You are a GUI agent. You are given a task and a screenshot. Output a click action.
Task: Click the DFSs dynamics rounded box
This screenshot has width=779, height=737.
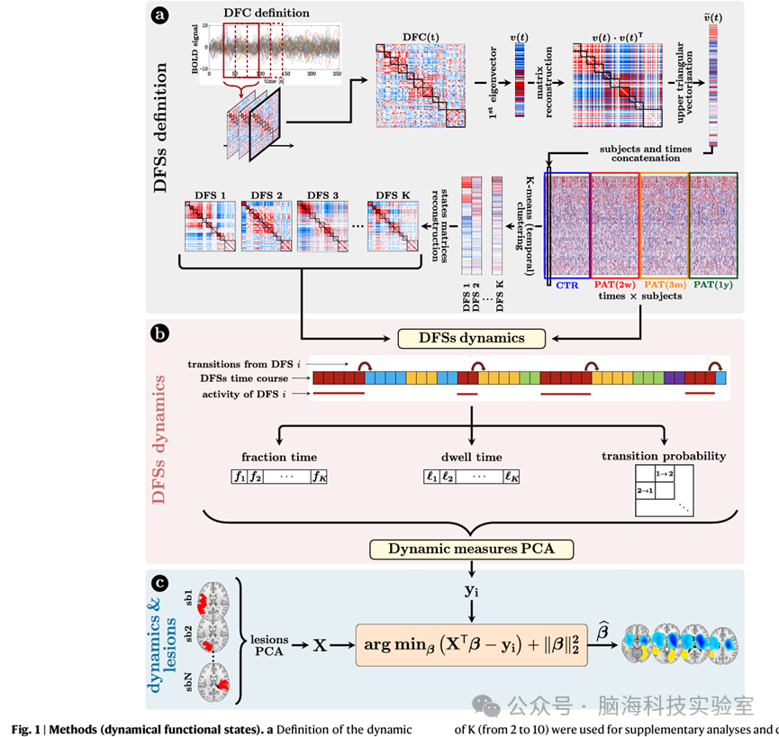pyautogui.click(x=473, y=338)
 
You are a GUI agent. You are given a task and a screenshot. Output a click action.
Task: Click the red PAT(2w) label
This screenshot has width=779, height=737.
pyautogui.click(x=615, y=284)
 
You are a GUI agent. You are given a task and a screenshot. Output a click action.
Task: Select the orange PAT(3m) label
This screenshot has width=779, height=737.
pyautogui.click(x=664, y=284)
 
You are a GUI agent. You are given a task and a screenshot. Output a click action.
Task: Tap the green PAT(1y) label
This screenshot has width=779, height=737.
pyautogui.click(x=713, y=284)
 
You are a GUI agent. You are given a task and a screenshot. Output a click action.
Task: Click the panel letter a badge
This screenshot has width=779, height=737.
pyautogui.click(x=161, y=15)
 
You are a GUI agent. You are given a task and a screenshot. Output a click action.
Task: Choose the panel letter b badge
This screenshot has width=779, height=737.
pyautogui.click(x=161, y=332)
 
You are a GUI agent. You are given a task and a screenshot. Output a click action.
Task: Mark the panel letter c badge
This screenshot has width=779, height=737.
pyautogui.click(x=161, y=582)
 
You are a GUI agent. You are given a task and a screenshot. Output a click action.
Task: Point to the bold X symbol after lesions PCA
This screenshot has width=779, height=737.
pyautogui.click(x=317, y=646)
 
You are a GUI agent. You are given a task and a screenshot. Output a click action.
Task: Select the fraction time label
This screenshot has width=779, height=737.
pyautogui.click(x=278, y=457)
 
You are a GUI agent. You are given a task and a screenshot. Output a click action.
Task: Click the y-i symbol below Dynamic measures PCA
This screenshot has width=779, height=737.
pyautogui.click(x=471, y=591)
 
